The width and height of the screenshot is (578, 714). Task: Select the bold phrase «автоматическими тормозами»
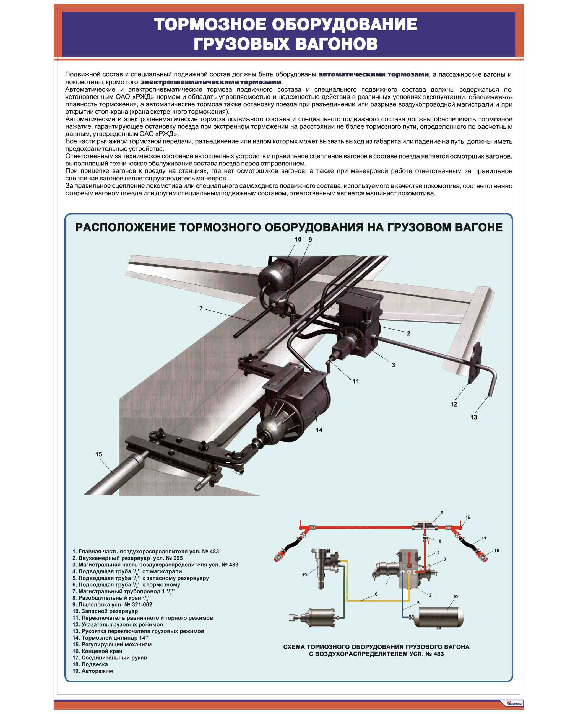click(373, 74)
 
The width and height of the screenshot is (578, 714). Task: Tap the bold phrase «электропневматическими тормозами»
click(211, 82)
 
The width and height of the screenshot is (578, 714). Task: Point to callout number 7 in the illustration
click(201, 308)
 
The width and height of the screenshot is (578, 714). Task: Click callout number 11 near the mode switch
click(356, 381)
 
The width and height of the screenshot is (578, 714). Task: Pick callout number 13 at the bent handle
click(473, 417)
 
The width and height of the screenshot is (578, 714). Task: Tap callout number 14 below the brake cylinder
click(319, 430)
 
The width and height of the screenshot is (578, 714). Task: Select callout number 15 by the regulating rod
click(98, 454)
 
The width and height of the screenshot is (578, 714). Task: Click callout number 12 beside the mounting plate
click(454, 404)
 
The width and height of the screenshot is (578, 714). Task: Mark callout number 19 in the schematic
click(304, 575)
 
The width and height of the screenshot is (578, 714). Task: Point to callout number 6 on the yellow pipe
click(376, 594)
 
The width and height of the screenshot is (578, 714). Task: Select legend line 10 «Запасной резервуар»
click(105, 611)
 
